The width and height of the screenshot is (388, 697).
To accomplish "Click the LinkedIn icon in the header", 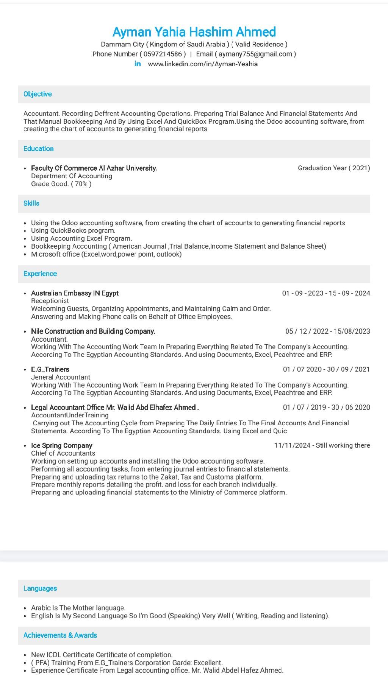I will coord(138,64).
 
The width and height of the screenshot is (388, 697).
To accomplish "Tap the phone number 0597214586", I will coord(163,54).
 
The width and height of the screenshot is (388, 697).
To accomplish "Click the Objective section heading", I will coord(38,94).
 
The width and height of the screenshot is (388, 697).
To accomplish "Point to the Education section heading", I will coord(38,149).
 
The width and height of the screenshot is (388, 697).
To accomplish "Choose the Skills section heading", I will coord(31,203).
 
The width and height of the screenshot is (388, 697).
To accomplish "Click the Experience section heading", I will coord(40,274).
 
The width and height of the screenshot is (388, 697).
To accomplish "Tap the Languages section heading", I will coord(40,588).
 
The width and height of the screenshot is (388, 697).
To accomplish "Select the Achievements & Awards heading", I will coord(60,635).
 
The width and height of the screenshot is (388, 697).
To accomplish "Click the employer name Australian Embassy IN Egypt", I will coord(75,293).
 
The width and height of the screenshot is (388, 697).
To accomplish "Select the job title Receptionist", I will coord(50,301).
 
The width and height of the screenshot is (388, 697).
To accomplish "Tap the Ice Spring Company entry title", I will coord(61,445).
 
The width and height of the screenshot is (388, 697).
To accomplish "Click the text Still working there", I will coord(343,445).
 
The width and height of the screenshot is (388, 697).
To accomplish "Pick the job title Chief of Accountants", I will coord(63,453).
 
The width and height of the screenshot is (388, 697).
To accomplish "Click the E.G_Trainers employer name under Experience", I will coord(50,369).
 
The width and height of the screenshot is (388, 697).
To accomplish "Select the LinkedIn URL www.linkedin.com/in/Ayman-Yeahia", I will coord(203,64).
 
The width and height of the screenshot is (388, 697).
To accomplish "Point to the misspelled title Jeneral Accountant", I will coord(61,377).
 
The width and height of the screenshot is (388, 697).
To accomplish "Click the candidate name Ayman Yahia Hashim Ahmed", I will coord(194,32).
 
